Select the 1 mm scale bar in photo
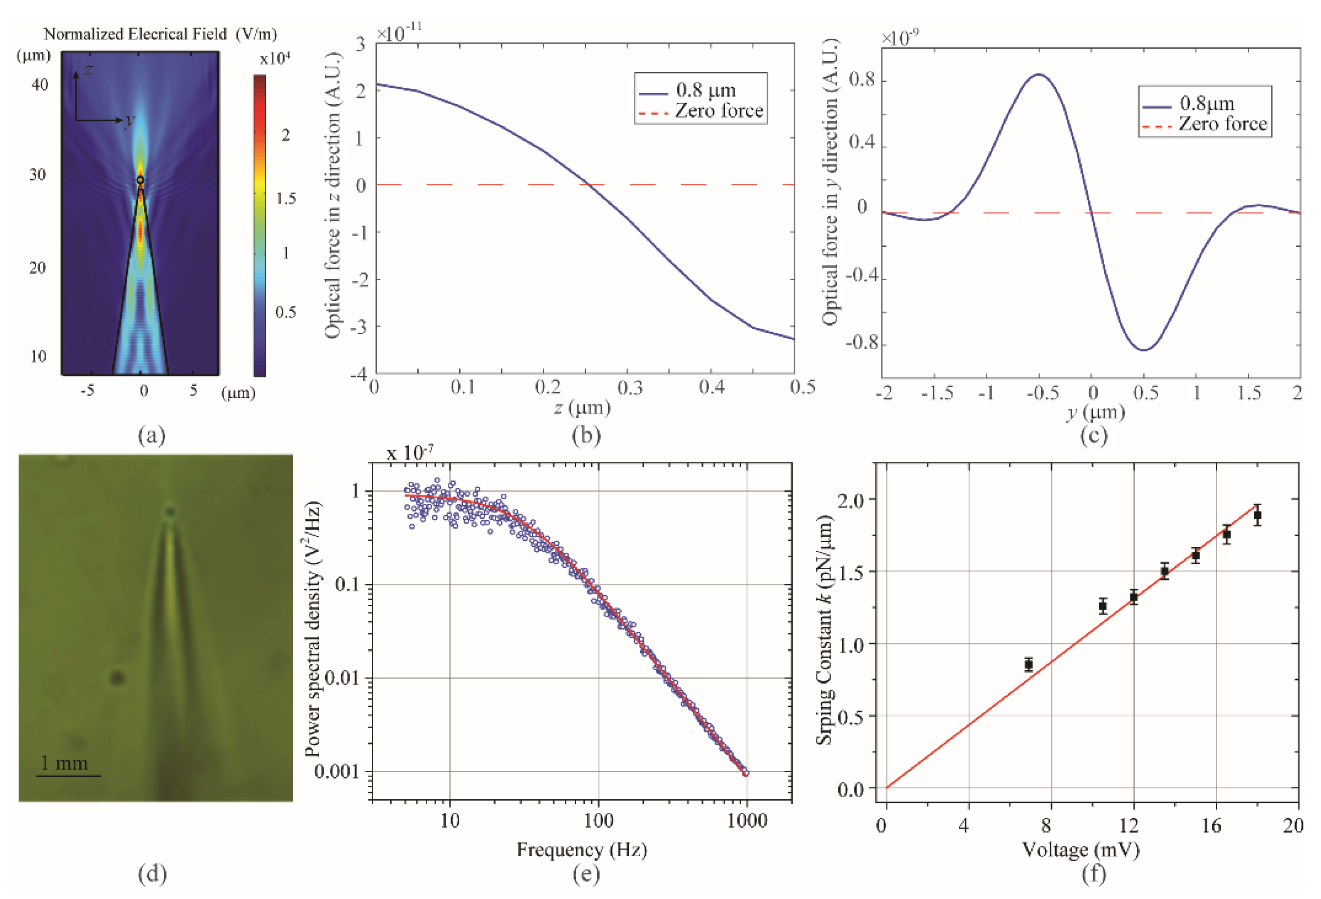(x=68, y=775)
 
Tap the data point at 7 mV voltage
(x=1028, y=664)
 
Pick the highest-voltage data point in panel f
(x=1257, y=516)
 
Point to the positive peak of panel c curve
(x=1039, y=74)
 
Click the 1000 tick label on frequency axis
(x=747, y=821)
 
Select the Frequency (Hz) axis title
(x=582, y=849)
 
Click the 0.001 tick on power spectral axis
(x=337, y=772)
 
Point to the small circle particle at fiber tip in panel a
(x=140, y=180)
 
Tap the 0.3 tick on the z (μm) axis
(x=629, y=387)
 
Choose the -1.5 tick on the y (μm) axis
(x=936, y=393)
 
